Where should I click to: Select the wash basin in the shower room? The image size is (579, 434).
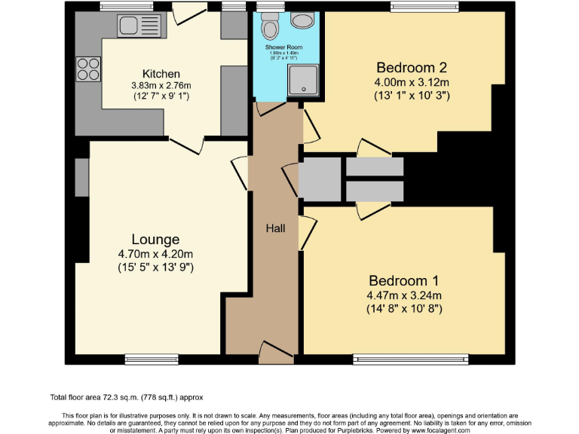click(304, 20)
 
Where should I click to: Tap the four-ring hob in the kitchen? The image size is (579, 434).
click(88, 69)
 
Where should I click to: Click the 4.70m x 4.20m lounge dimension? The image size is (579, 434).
click(155, 254)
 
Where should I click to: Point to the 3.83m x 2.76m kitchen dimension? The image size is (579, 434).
click(155, 86)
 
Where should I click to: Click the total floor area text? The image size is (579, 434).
click(127, 397)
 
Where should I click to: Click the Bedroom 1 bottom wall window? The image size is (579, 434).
click(410, 358)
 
